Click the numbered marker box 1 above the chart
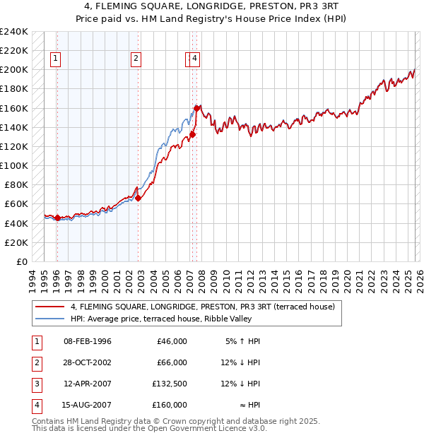(x=56, y=59)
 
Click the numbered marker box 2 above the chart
(x=136, y=59)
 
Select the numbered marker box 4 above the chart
(x=195, y=59)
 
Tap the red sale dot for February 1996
(x=57, y=218)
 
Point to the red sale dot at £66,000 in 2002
(x=139, y=199)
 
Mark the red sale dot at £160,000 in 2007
(x=196, y=108)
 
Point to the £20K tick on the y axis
(x=16, y=242)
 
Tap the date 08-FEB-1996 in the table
(x=87, y=341)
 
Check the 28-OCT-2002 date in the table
(x=87, y=362)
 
